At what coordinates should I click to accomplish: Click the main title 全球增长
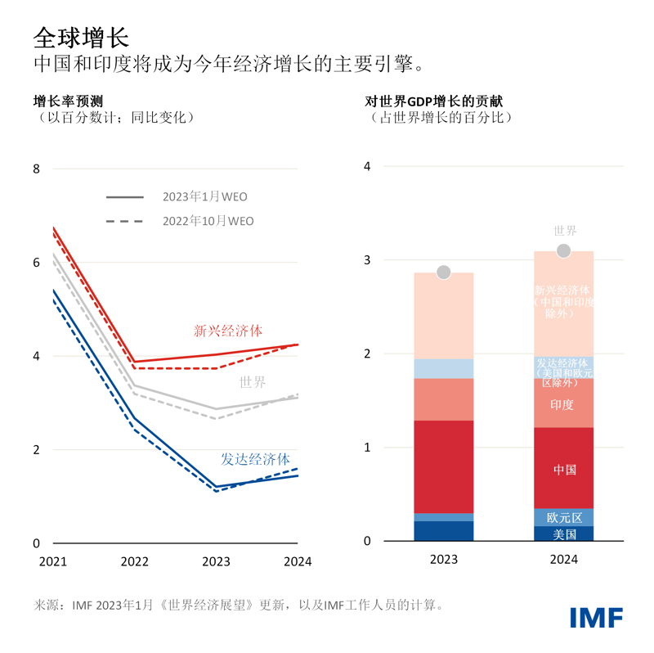coord(80,36)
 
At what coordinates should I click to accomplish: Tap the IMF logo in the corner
coord(596,618)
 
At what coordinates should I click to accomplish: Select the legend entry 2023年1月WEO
coord(204,196)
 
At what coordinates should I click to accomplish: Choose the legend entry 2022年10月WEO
coord(208,221)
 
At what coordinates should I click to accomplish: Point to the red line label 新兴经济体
coord(228,331)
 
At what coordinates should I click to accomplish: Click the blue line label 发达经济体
coord(255,459)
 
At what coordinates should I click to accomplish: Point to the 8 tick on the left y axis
coord(36,169)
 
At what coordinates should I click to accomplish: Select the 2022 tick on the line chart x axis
coord(134,562)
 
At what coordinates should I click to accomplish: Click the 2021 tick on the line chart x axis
coord(52,562)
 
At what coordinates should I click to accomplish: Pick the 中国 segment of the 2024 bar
coord(563,468)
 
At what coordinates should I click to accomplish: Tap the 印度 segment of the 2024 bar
coord(563,403)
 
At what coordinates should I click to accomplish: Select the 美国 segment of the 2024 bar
coord(563,534)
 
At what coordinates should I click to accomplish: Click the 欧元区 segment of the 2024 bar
coord(563,517)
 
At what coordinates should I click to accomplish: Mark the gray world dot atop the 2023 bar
coord(443,272)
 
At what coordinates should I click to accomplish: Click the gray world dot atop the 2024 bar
coord(563,251)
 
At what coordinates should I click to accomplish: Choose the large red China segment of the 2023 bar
coord(443,466)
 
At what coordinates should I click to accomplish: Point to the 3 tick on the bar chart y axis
coord(367,260)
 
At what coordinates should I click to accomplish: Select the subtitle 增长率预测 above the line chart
coord(68,101)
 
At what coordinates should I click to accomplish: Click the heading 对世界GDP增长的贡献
coord(433,101)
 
